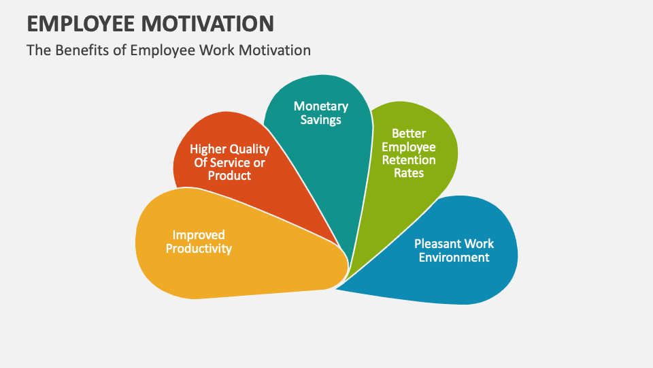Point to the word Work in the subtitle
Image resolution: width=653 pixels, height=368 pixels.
pos(212,50)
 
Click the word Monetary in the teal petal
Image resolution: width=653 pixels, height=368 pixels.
pos(321,106)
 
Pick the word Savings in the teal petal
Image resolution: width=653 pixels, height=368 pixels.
pos(321,120)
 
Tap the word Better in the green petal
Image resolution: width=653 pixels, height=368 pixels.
pos(408,134)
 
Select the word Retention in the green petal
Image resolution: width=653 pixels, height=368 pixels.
pos(408,160)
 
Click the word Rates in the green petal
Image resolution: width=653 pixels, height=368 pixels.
pos(408,173)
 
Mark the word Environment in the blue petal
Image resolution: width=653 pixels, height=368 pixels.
pos(454,258)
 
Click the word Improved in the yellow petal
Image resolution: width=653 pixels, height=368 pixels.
pos(199,235)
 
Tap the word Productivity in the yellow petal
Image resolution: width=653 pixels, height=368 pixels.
pos(199,249)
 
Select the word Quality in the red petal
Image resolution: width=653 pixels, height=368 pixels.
pos(250,149)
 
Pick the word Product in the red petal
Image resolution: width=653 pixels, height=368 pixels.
pos(229,176)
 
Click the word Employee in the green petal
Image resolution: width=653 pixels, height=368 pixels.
pos(408,147)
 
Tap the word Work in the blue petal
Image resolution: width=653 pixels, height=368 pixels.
pos(479,244)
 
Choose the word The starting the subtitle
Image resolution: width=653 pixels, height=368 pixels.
pos(37,50)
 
